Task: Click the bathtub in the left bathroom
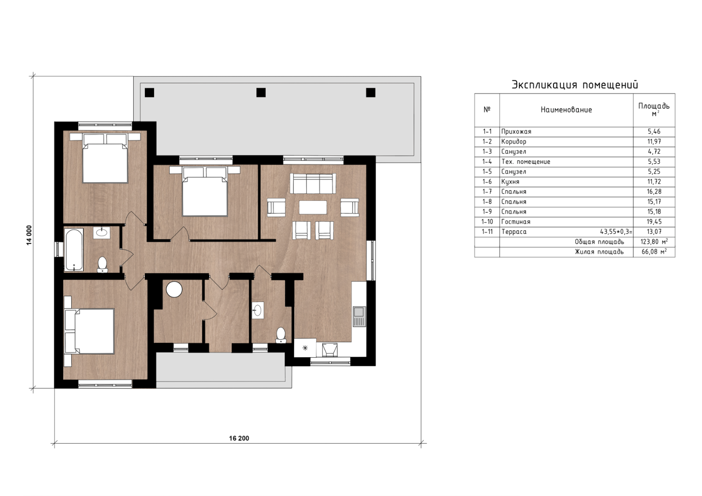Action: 74,250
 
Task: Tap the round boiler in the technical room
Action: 174,289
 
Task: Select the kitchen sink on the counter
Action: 359,316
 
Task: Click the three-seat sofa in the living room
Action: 313,183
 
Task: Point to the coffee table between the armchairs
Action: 313,207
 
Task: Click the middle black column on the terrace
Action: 261,92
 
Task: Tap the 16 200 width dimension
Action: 239,439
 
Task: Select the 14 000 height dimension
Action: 29,235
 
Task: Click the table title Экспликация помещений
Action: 575,85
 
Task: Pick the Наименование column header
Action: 566,110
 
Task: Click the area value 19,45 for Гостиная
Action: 654,222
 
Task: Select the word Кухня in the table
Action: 510,182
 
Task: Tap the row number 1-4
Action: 487,162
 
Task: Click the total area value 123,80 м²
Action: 654,242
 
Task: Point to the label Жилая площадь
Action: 599,251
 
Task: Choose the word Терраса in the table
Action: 514,232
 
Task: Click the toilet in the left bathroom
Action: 102,265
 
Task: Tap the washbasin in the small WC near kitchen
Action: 257,310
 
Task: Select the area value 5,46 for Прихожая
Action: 654,131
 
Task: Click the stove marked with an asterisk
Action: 305,348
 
